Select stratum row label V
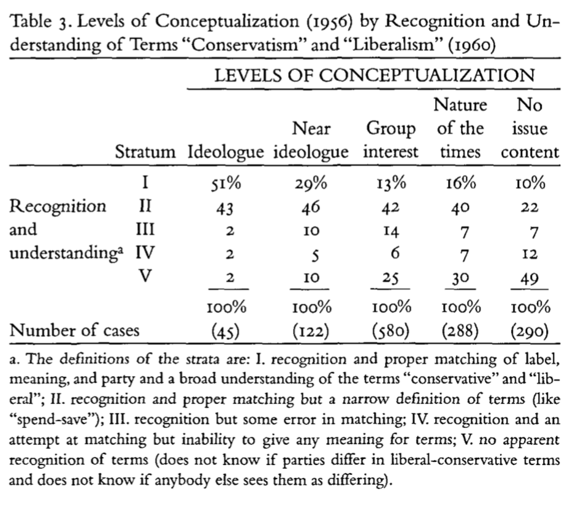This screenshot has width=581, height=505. click(x=145, y=276)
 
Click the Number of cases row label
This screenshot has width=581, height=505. click(x=74, y=331)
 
